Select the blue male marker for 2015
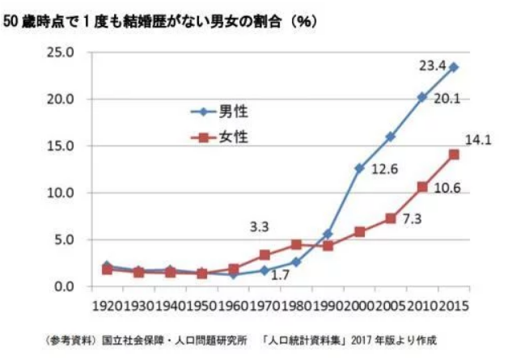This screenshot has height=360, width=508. coord(454,67)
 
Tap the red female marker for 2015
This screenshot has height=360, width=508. coord(454,155)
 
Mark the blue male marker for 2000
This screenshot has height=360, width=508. coord(359,168)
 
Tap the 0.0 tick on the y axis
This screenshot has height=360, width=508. coord(65,286)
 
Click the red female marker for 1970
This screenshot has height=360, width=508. coord(265,255)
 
